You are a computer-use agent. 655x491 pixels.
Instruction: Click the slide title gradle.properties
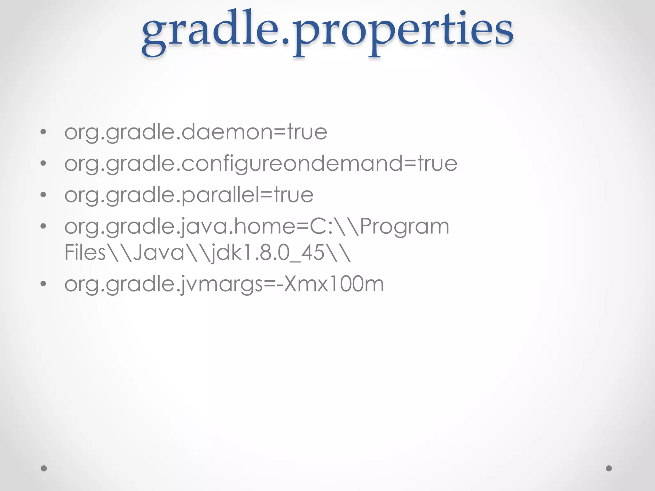click(x=327, y=32)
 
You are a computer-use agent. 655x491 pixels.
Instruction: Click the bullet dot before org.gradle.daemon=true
click(x=43, y=132)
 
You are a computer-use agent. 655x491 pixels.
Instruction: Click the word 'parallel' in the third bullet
click(x=220, y=195)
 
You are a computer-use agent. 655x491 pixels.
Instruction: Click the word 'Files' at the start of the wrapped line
click(x=85, y=253)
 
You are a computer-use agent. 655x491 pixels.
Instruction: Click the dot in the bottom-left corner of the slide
click(x=44, y=468)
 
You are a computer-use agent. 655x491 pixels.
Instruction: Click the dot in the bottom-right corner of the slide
click(x=609, y=468)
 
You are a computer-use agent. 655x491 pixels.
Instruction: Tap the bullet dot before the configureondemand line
click(x=43, y=163)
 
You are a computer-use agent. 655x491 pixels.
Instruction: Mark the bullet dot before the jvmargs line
click(x=43, y=284)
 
